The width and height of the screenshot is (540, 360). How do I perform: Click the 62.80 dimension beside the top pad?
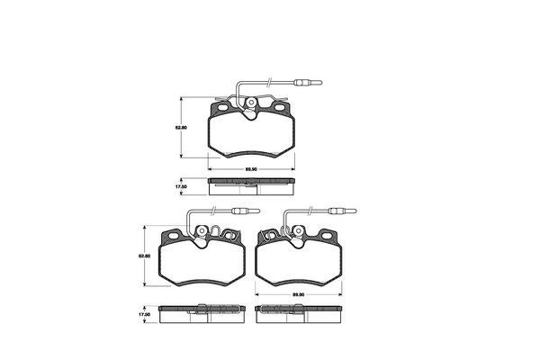point(182,128)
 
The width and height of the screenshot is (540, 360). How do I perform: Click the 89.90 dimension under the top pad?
point(251,169)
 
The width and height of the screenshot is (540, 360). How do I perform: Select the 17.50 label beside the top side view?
point(182,186)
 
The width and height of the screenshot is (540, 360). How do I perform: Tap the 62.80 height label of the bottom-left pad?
point(144,256)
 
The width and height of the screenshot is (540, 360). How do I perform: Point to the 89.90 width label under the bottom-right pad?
point(298,294)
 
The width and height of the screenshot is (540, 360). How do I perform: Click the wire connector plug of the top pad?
point(308,83)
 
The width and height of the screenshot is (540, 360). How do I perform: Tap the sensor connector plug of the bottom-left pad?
point(246,211)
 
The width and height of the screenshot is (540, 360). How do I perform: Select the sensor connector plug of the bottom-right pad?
point(342,211)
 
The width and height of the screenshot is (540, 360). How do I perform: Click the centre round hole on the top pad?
point(251,103)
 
